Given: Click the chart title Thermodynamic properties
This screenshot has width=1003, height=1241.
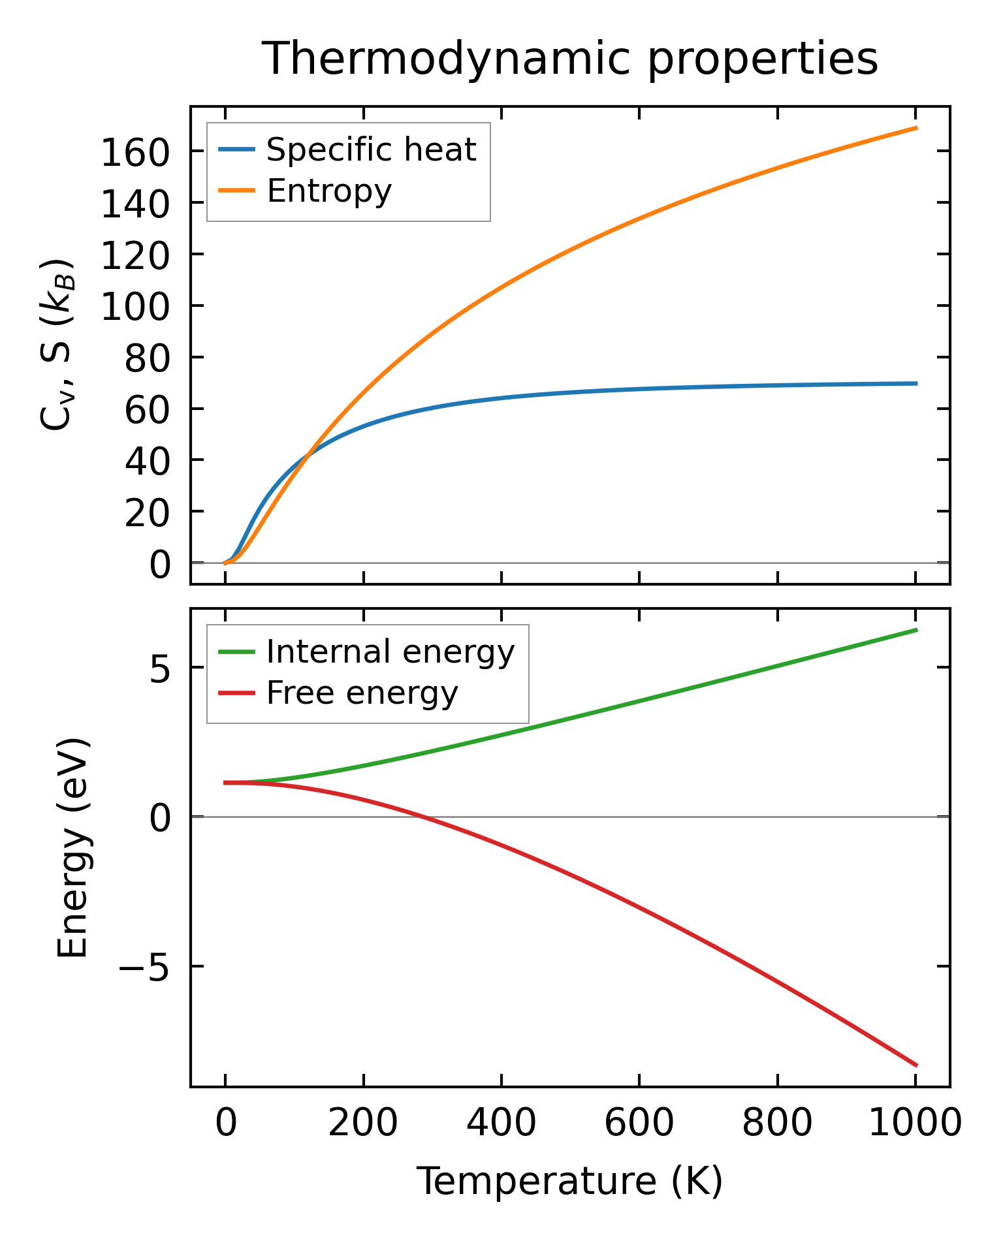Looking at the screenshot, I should [x=569, y=59].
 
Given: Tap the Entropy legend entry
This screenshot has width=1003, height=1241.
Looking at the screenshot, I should [x=329, y=191].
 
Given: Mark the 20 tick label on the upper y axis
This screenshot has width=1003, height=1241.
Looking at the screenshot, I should [x=147, y=512].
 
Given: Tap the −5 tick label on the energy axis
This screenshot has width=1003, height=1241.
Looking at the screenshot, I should [x=144, y=966].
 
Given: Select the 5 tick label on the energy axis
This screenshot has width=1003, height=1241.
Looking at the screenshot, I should [x=159, y=668].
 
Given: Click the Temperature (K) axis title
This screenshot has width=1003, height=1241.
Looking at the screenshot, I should [x=569, y=1182].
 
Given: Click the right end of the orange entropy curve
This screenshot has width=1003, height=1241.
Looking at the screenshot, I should [x=916, y=128].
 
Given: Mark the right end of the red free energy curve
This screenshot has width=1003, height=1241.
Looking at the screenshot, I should [x=916, y=1065].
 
